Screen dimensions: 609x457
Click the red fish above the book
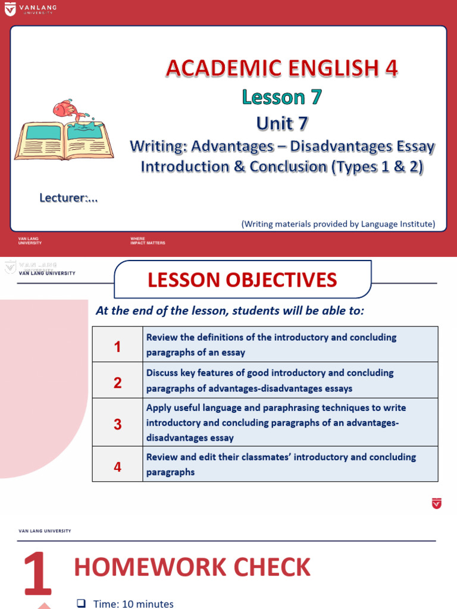[64, 109]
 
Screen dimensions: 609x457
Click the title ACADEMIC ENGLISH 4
[281, 69]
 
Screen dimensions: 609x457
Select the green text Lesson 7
[281, 96]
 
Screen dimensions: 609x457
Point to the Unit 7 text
[282, 123]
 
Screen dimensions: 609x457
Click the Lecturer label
[68, 198]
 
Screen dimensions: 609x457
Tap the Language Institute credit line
[338, 224]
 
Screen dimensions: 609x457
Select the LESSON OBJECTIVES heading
[242, 280]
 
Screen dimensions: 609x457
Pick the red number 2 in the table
[117, 382]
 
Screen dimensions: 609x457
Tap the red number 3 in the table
[117, 424]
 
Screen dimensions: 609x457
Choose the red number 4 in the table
[117, 467]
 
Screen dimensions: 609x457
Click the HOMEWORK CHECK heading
[192, 567]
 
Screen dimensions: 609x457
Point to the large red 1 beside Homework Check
[37, 575]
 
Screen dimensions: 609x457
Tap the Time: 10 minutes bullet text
[133, 604]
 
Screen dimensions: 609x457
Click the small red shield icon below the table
[437, 503]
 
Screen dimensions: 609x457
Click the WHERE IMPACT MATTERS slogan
[148, 241]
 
